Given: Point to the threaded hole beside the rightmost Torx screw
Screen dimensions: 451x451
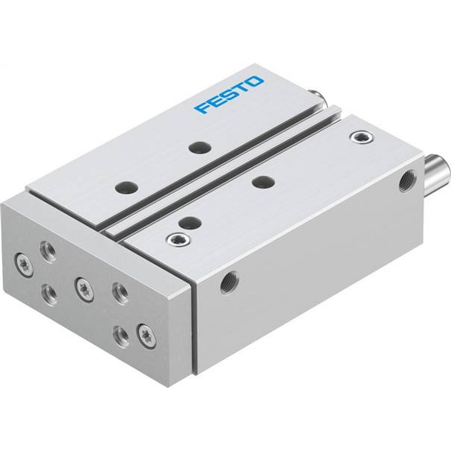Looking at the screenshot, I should pos(121,335).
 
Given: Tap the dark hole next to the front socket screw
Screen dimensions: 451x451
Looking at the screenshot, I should pos(189,222).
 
